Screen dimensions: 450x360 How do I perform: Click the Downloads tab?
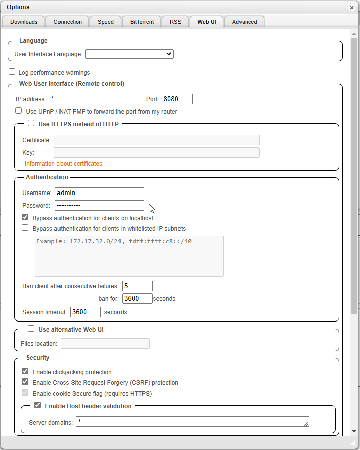(x=24, y=22)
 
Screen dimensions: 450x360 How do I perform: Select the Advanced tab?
(x=245, y=22)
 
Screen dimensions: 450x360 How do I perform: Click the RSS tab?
(x=175, y=22)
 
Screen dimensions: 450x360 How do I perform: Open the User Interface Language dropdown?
(x=130, y=54)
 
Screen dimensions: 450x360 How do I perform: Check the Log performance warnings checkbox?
(x=12, y=72)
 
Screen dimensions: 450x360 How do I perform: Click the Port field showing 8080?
(x=177, y=99)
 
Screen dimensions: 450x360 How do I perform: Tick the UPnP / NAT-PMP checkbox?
(x=19, y=111)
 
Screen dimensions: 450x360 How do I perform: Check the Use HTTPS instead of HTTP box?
(x=31, y=123)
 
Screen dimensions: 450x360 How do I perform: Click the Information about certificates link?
(x=64, y=164)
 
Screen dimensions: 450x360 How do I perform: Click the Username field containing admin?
(x=99, y=192)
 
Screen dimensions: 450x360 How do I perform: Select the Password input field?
(x=99, y=205)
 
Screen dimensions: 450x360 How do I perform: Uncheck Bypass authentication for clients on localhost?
(x=25, y=218)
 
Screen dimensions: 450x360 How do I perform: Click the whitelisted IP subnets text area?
(x=129, y=256)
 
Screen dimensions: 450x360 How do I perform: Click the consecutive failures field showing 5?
(x=137, y=286)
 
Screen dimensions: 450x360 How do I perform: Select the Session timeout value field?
(x=85, y=312)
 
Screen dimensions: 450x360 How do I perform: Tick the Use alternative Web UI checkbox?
(x=31, y=329)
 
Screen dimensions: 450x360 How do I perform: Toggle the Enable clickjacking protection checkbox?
(x=25, y=372)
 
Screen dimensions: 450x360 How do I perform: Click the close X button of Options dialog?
(x=351, y=8)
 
